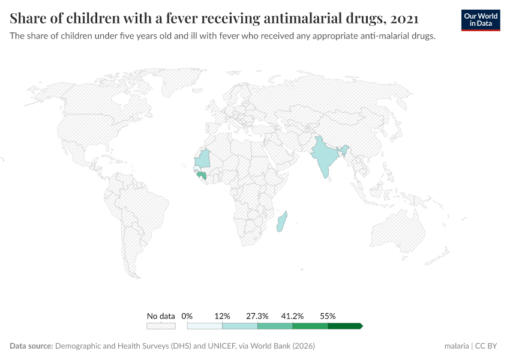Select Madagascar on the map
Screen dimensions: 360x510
(x=282, y=222)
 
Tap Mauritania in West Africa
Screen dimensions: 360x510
(x=205, y=158)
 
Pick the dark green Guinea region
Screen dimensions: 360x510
(x=203, y=175)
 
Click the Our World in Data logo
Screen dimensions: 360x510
(x=481, y=20)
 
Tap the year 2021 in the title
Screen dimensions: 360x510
(x=403, y=19)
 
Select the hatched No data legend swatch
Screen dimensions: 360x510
(x=161, y=326)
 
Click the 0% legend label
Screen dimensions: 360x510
(x=187, y=316)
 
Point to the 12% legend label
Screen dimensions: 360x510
(x=223, y=316)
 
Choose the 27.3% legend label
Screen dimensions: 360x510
(x=257, y=316)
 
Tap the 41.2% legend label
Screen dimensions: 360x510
(x=293, y=316)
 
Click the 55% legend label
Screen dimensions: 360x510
(x=328, y=316)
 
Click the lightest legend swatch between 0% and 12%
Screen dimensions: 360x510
(x=205, y=326)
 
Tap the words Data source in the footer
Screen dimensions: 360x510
(x=31, y=346)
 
